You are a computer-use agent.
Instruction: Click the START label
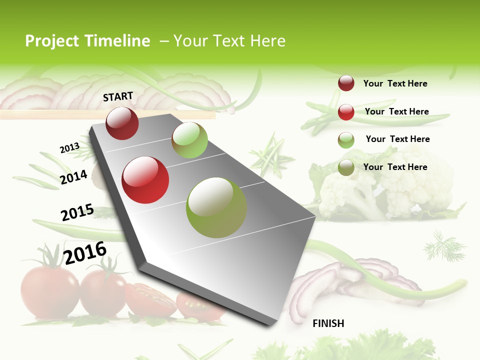[118, 96]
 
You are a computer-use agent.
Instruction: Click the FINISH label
[328, 323]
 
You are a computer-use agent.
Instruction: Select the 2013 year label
[69, 148]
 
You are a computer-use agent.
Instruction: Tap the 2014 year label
[73, 177]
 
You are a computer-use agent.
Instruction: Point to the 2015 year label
[77, 212]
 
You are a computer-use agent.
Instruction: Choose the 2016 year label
[85, 252]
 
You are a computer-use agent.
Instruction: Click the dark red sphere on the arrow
[122, 123]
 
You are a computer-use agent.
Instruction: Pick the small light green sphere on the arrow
[189, 140]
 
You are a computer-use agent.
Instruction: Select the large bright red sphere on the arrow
[145, 180]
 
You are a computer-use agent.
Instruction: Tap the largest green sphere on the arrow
[216, 207]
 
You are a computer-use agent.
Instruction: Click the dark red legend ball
[346, 83]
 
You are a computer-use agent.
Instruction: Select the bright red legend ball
[346, 112]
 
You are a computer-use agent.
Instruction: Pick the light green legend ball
[346, 140]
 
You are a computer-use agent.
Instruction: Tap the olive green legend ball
[346, 168]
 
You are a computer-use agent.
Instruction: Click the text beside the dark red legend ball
[395, 83]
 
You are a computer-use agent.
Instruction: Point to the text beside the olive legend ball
[395, 167]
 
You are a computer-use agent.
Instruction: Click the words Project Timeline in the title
[87, 41]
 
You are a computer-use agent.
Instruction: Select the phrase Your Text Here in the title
[229, 41]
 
